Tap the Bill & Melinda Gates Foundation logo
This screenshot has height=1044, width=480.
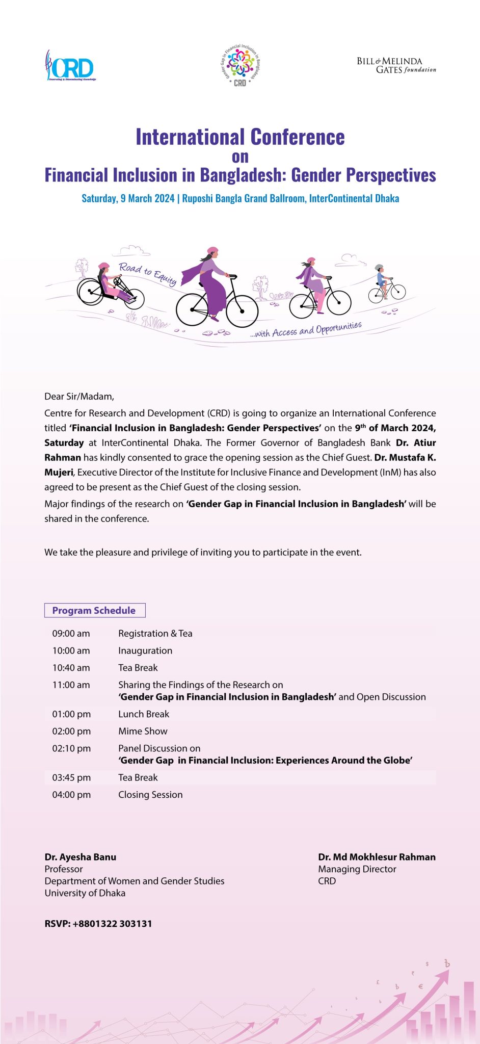click(x=396, y=65)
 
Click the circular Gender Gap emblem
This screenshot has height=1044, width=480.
click(x=240, y=65)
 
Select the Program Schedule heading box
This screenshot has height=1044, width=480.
click(x=95, y=610)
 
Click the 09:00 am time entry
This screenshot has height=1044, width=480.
click(x=71, y=634)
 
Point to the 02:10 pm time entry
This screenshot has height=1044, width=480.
click(x=71, y=748)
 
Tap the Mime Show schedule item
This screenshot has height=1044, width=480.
click(x=143, y=731)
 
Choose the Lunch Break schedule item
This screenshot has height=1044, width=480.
click(x=144, y=714)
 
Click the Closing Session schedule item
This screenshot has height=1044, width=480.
click(x=150, y=795)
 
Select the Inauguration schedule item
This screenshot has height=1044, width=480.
click(x=145, y=651)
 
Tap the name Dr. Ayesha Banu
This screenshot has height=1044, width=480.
click(x=81, y=857)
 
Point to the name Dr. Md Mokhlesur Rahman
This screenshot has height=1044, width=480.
click(x=377, y=857)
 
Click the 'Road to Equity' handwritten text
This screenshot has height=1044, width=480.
click(x=147, y=273)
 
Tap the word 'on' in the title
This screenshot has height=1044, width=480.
click(x=240, y=156)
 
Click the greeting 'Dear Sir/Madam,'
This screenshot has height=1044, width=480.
click(x=79, y=396)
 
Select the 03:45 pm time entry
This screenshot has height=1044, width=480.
click(x=71, y=777)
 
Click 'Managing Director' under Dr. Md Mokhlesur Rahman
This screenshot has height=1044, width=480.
click(x=357, y=869)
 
